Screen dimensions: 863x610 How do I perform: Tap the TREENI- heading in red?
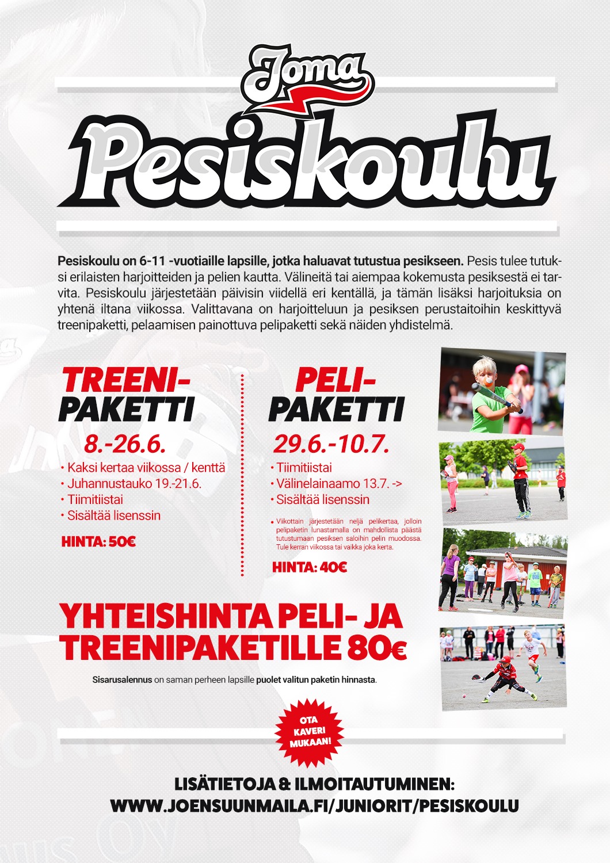pyautogui.click(x=125, y=380)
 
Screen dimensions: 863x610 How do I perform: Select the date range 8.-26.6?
pyautogui.click(x=125, y=444)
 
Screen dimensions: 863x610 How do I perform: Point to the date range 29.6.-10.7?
pyautogui.click(x=331, y=444)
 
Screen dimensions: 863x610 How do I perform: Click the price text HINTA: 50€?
pyautogui.click(x=98, y=541)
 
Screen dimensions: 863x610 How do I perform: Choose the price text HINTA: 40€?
pyautogui.click(x=310, y=568)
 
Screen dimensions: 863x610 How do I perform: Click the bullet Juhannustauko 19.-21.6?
pyautogui.click(x=134, y=483)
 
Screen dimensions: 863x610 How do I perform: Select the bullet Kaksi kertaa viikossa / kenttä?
pyautogui.click(x=146, y=468)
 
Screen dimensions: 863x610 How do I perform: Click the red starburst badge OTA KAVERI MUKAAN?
pyautogui.click(x=308, y=732)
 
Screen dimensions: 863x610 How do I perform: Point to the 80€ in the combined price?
pyautogui.click(x=377, y=649)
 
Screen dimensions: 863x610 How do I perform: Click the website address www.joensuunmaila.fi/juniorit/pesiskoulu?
pyautogui.click(x=314, y=805)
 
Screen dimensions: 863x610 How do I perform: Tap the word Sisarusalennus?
pyautogui.click(x=122, y=680)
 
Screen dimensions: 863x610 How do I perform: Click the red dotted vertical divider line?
pyautogui.click(x=242, y=475)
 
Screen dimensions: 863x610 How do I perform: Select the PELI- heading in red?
pyautogui.click(x=335, y=380)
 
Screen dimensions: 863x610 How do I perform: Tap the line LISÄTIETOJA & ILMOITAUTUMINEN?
pyautogui.click(x=314, y=785)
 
